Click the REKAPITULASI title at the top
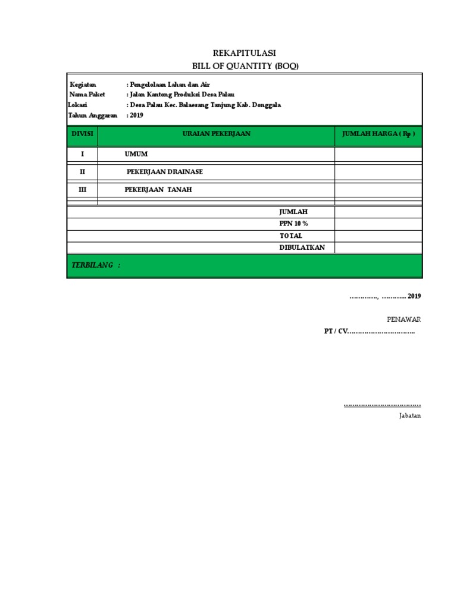pos(244,54)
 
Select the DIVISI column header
pos(83,134)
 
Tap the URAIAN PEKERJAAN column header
pos(216,134)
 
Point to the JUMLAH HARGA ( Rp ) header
pos(378,134)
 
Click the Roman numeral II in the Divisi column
pos(83,172)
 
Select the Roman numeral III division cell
pos(83,190)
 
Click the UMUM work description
pos(136,155)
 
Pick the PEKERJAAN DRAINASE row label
pos(165,172)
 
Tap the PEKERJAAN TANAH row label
pos(158,190)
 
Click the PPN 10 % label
pos(294,224)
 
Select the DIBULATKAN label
pos(302,247)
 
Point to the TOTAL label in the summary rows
pos(292,236)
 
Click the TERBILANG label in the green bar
pos(96,265)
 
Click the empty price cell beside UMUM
pos(378,155)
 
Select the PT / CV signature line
pos(369,331)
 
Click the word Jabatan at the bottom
pos(410,416)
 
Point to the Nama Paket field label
pos(87,95)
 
